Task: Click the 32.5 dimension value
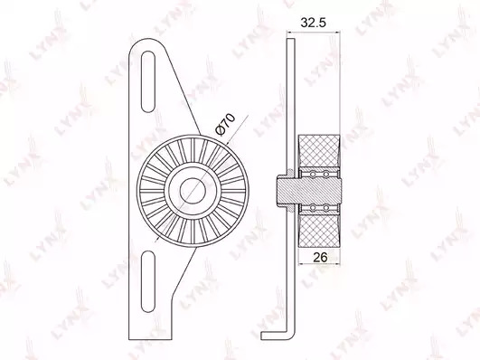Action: pyautogui.click(x=313, y=23)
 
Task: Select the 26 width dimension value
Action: pyautogui.click(x=320, y=257)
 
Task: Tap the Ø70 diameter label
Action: pyautogui.click(x=225, y=124)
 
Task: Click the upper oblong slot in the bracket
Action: pyautogui.click(x=147, y=81)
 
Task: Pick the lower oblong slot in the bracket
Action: pyautogui.click(x=149, y=281)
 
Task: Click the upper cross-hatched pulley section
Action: pyautogui.click(x=319, y=151)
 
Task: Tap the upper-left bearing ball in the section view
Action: pyautogui.click(x=313, y=175)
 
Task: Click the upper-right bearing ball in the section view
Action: pyautogui.click(x=326, y=175)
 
